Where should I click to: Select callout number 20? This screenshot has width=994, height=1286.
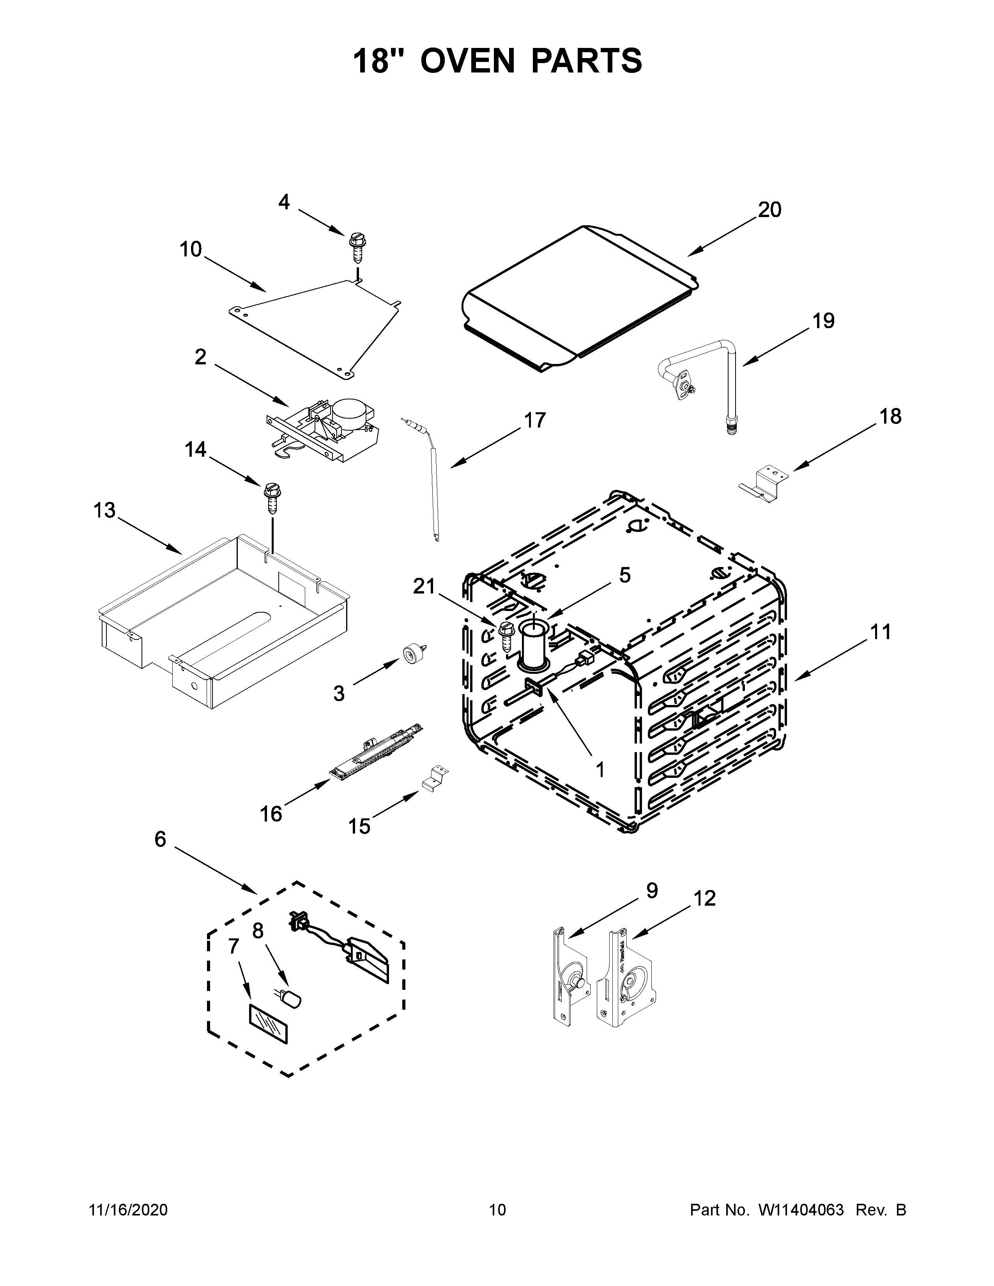pos(769,210)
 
